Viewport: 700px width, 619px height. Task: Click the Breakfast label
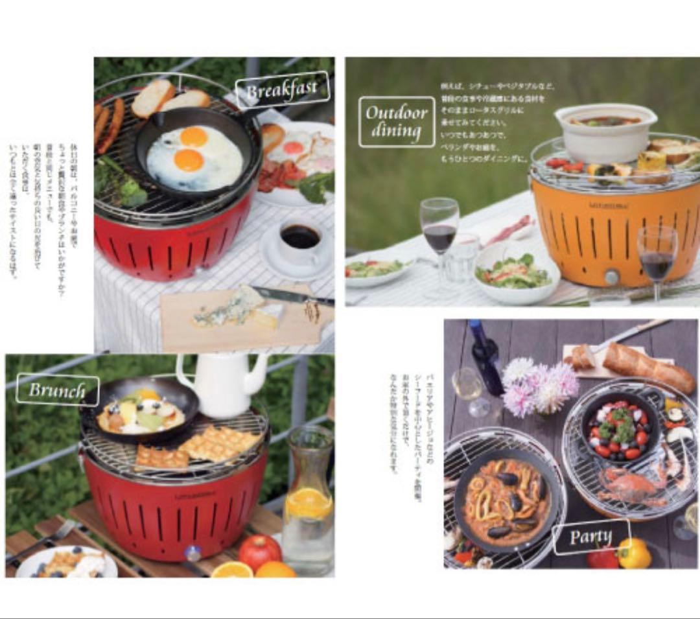[282, 90]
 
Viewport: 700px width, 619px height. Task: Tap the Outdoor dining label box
[397, 121]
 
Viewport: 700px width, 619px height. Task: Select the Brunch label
[58, 390]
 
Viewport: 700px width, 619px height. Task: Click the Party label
[590, 537]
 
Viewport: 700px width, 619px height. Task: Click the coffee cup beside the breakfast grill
[300, 240]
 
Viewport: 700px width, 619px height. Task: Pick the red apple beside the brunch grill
[259, 552]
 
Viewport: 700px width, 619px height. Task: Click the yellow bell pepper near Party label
[633, 553]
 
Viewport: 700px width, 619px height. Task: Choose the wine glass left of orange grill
[439, 233]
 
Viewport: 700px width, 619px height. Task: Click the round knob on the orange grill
[611, 277]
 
